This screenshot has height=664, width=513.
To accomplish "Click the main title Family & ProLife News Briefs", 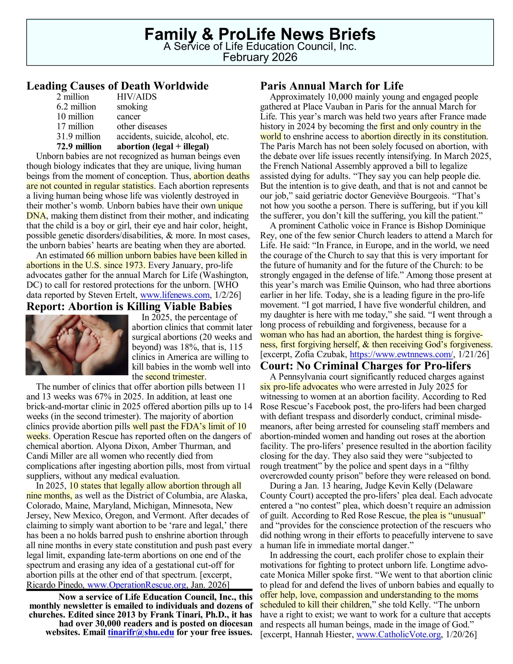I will coord(260,34).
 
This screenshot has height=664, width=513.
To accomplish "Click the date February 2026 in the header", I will coord(260,57).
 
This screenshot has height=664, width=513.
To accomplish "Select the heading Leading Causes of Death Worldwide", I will coord(117,86).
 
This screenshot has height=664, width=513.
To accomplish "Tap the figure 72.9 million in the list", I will coord(79,147).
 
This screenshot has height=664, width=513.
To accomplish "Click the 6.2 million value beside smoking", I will coord(76,107).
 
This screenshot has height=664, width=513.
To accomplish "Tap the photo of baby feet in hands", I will coord(77,345).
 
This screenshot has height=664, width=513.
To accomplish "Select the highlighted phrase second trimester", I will coord(175,377).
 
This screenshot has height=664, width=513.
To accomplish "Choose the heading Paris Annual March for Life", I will coord(332,86).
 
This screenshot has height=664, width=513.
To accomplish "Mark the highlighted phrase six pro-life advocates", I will coord(299,387).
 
